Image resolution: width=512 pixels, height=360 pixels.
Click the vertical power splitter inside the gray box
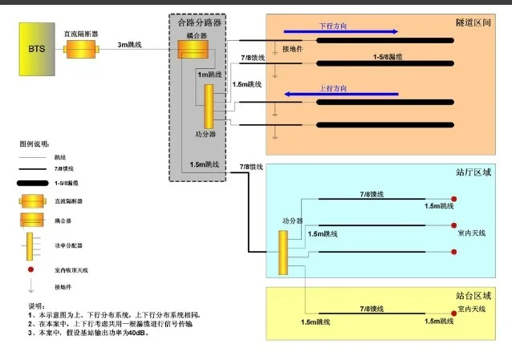click(x=209, y=103)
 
